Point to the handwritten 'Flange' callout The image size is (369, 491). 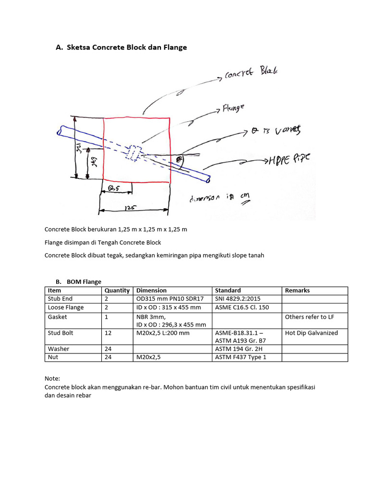pyautogui.click(x=233, y=108)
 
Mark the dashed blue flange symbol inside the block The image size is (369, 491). pyautogui.click(x=132, y=152)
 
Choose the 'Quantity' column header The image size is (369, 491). pyautogui.click(x=117, y=291)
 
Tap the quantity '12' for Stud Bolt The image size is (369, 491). pyautogui.click(x=108, y=333)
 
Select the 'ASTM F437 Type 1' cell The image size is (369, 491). pyautogui.click(x=240, y=357)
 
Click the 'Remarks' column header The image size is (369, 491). pyautogui.click(x=297, y=291)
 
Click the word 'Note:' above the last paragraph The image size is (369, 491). pyautogui.click(x=52, y=378)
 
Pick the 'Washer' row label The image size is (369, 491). pyautogui.click(x=59, y=349)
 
